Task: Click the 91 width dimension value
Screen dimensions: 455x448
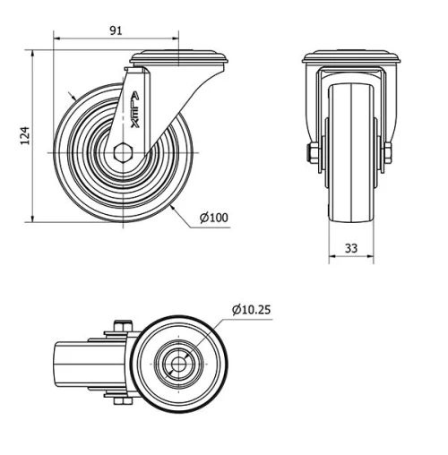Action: [x=116, y=30]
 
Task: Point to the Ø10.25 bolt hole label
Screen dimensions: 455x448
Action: [x=251, y=310]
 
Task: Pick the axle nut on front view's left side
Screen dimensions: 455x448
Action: [x=310, y=153]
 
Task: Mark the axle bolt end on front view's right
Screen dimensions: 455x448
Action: [x=390, y=153]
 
